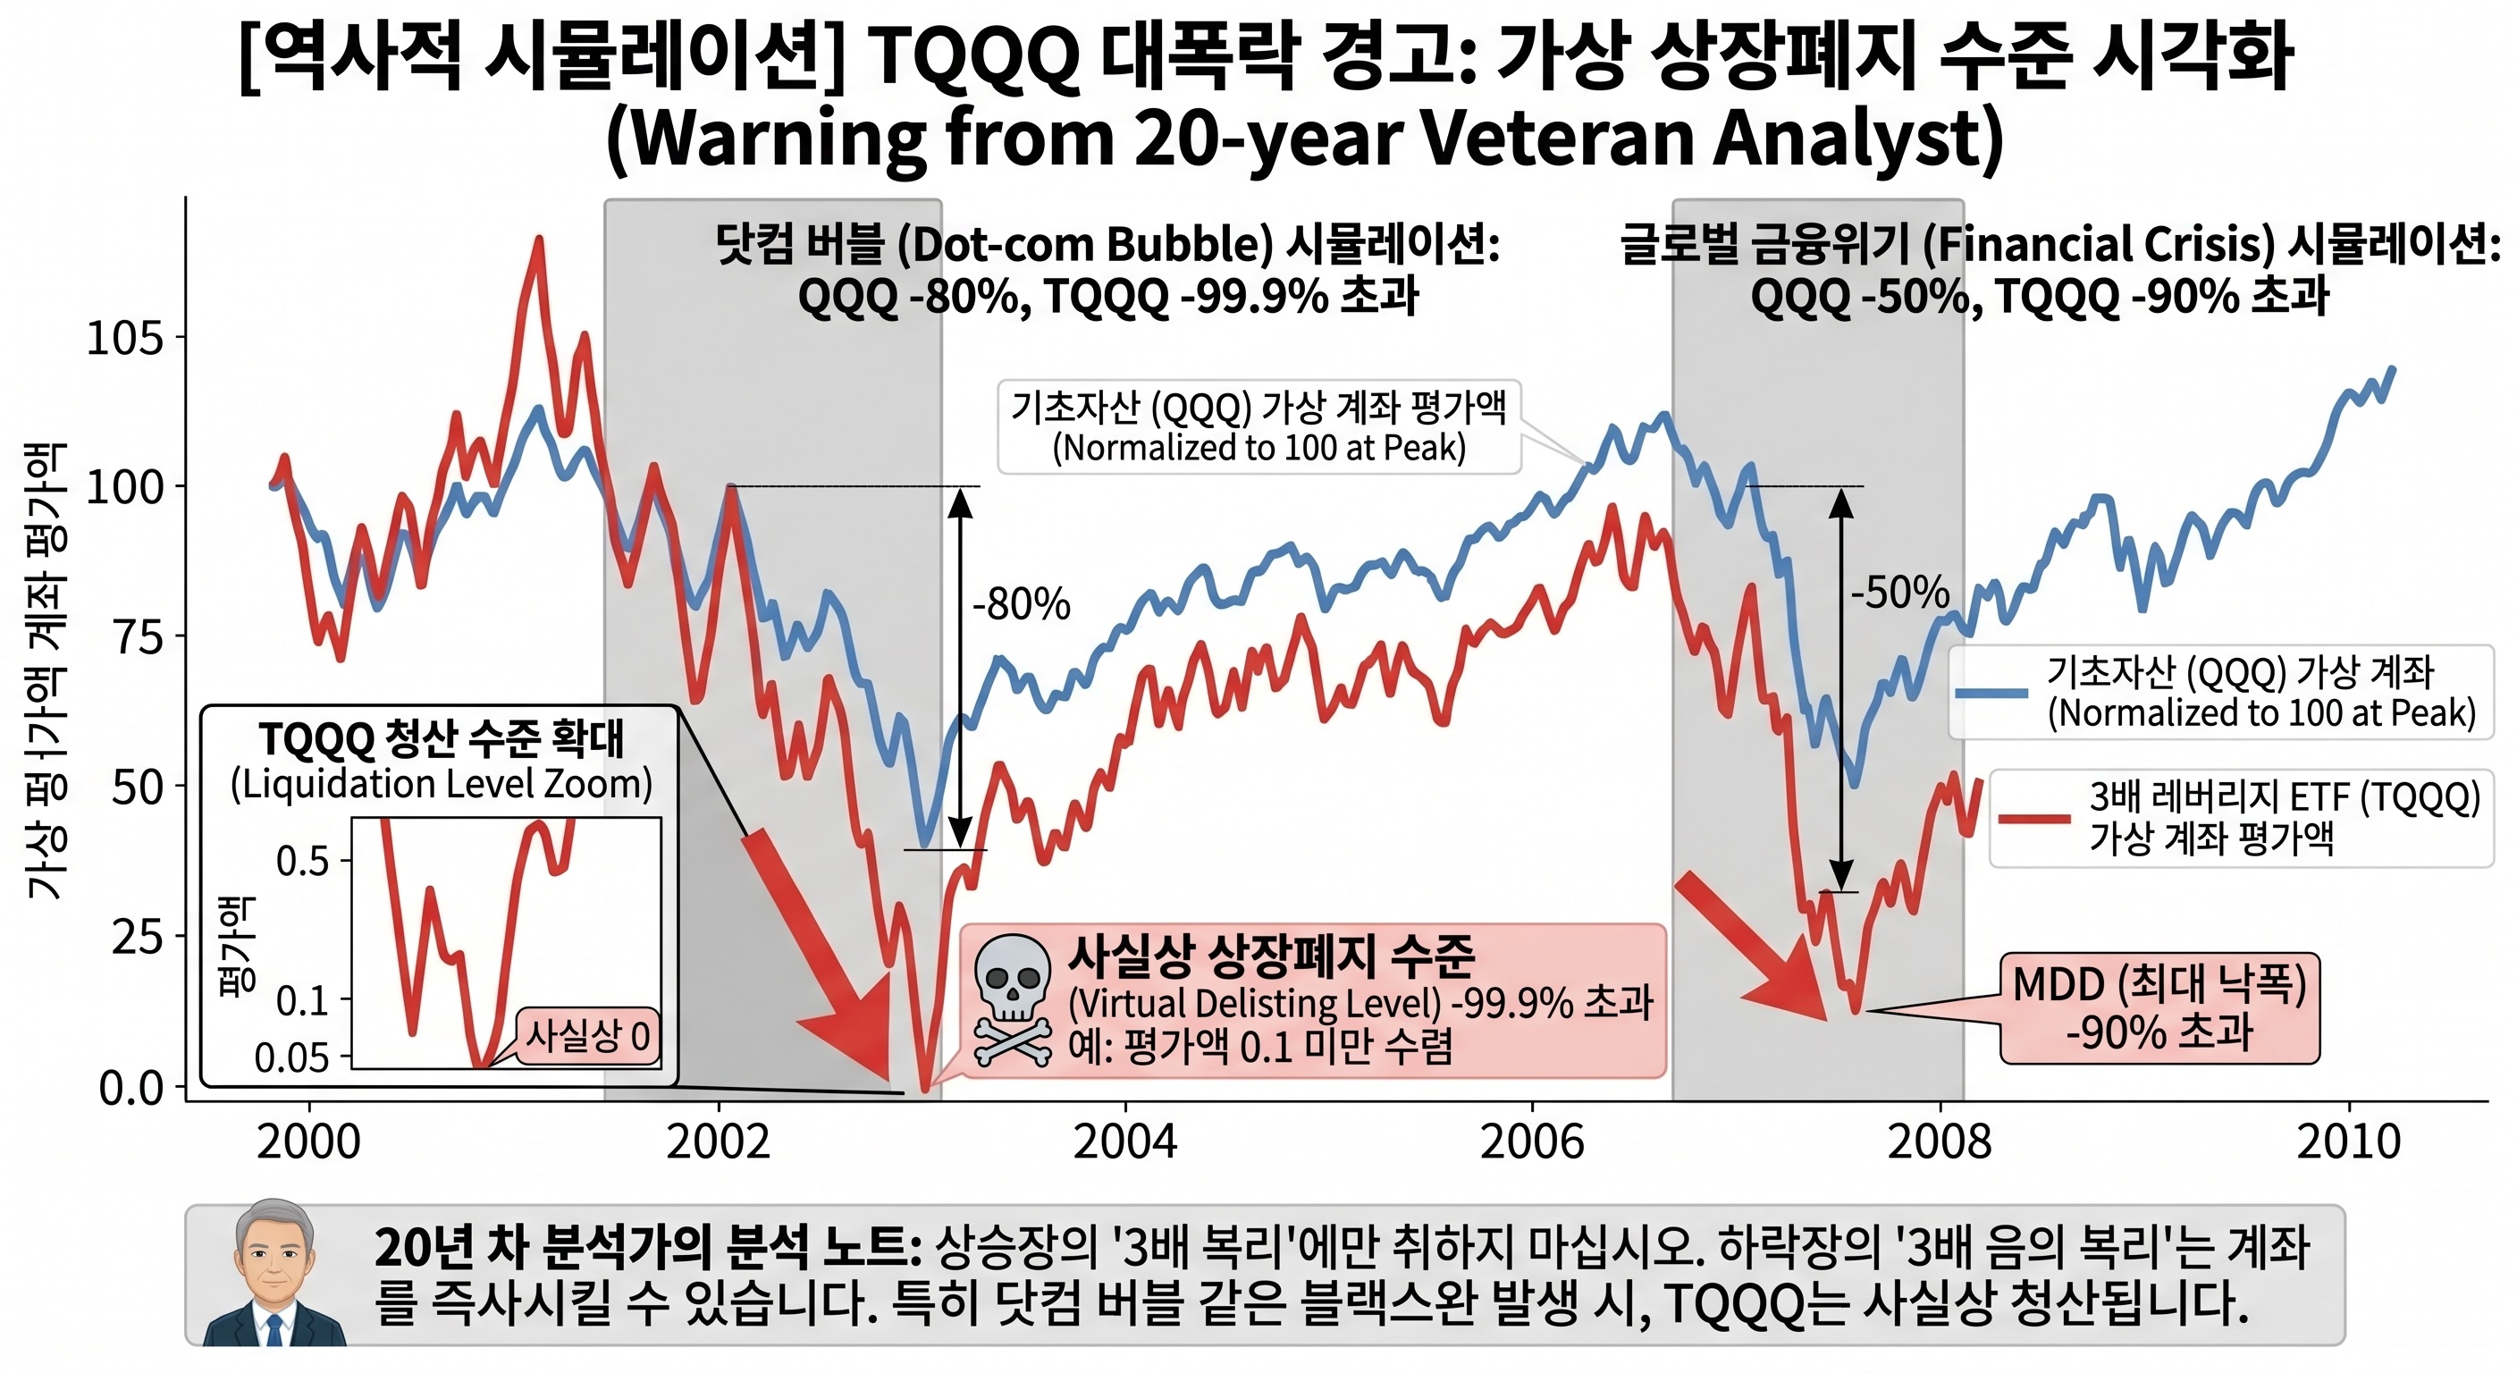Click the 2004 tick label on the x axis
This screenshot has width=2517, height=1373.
point(1124,1141)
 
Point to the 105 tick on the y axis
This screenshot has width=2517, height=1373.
point(124,338)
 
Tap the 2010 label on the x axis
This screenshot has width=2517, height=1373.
point(2348,1141)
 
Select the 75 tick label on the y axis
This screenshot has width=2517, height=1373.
point(137,636)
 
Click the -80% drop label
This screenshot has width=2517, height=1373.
point(1021,605)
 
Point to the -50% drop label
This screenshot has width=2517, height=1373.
point(1899,593)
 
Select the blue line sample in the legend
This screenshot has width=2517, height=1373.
point(1991,692)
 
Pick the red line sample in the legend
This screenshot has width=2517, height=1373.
point(2033,818)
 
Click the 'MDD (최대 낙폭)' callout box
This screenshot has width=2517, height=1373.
point(2159,1007)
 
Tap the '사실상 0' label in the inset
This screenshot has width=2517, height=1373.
point(587,1036)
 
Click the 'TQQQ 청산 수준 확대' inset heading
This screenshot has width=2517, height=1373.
point(441,740)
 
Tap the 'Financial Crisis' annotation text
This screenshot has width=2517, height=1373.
point(2099,244)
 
